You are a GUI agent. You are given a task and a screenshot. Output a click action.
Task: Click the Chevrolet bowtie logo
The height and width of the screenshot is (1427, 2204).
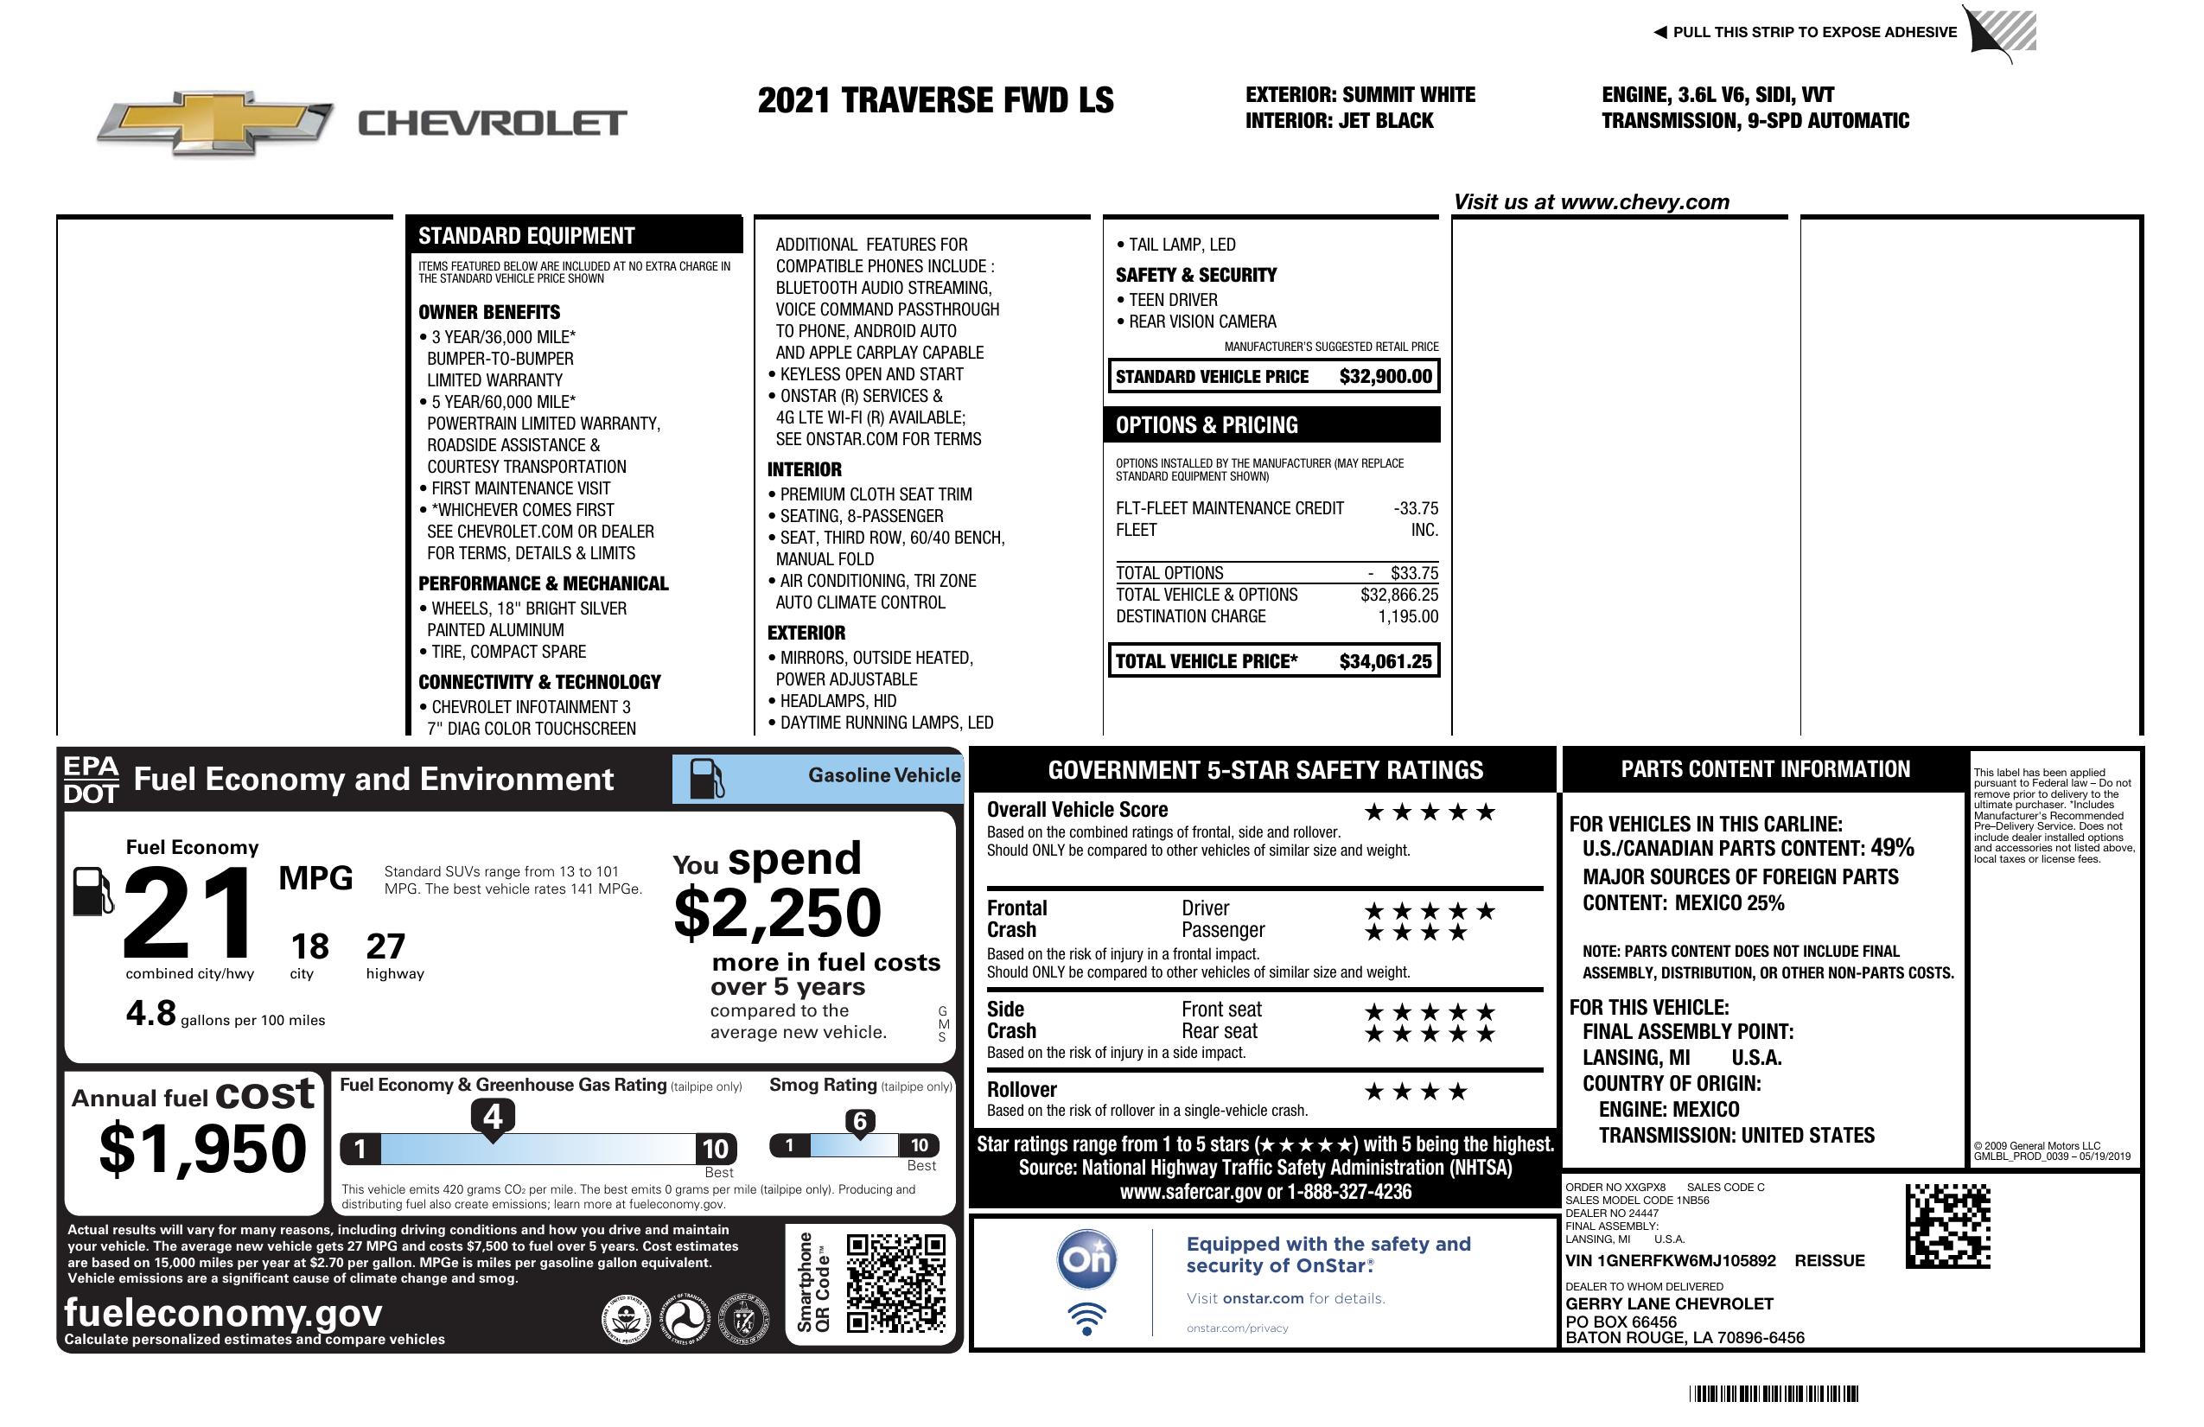pos(215,122)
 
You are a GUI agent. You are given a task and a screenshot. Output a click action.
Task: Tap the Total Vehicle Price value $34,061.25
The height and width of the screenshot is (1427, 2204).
pos(1385,661)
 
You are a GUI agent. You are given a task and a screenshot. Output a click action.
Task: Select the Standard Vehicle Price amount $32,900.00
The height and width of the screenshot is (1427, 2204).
pos(1385,376)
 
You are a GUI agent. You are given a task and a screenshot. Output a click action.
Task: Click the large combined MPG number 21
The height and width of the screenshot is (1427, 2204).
pos(188,913)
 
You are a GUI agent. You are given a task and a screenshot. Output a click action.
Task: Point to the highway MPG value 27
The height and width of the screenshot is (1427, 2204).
pos(385,946)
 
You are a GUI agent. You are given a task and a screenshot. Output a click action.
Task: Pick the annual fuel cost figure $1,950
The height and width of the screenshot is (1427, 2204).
pos(202,1149)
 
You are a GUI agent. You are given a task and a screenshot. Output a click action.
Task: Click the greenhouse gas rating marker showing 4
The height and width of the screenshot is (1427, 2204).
pos(493,1117)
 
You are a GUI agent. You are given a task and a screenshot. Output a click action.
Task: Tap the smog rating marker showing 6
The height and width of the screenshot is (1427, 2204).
pos(859,1121)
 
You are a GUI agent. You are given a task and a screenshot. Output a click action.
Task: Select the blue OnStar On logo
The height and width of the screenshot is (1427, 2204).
pos(1086,1259)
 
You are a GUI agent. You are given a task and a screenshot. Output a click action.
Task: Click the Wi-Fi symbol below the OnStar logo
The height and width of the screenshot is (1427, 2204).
pos(1086,1318)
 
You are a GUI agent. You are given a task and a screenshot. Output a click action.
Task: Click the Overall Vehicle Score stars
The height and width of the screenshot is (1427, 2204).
pos(1429,812)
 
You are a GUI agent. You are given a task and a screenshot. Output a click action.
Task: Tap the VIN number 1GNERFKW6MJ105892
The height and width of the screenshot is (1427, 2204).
pos(1670,1260)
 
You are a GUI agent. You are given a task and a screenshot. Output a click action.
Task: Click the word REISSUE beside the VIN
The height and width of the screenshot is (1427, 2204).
pos(1829,1260)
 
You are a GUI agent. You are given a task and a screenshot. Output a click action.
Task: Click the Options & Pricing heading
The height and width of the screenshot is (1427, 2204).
pos(1207,425)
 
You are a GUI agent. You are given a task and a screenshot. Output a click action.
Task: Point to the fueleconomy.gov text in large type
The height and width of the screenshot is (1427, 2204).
pos(223,1312)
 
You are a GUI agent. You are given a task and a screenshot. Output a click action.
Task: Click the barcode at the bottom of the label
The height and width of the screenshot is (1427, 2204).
pos(1773,1393)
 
